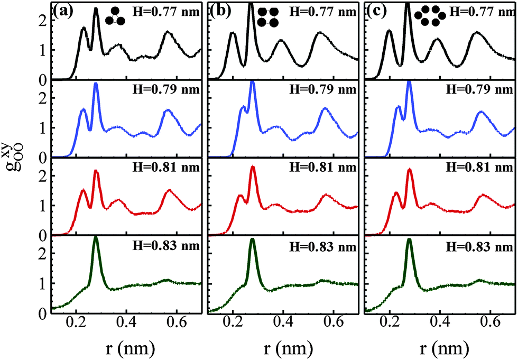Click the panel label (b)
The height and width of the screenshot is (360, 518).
tap(219, 11)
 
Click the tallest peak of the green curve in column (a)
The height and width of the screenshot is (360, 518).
tap(96, 237)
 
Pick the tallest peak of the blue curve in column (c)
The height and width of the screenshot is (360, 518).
tap(409, 82)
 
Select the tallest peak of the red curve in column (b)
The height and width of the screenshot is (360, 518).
tap(253, 168)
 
